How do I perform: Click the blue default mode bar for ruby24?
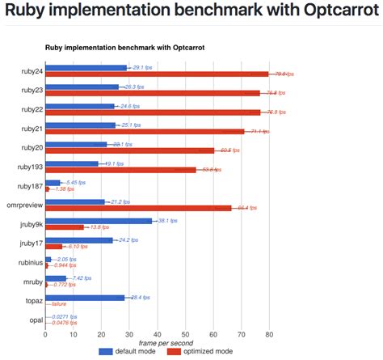[86, 68]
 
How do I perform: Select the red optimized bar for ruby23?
[153, 93]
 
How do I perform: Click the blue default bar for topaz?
[85, 297]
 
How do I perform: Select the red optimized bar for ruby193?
[120, 170]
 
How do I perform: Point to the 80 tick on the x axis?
[269, 333]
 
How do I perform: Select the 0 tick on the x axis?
[45, 333]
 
